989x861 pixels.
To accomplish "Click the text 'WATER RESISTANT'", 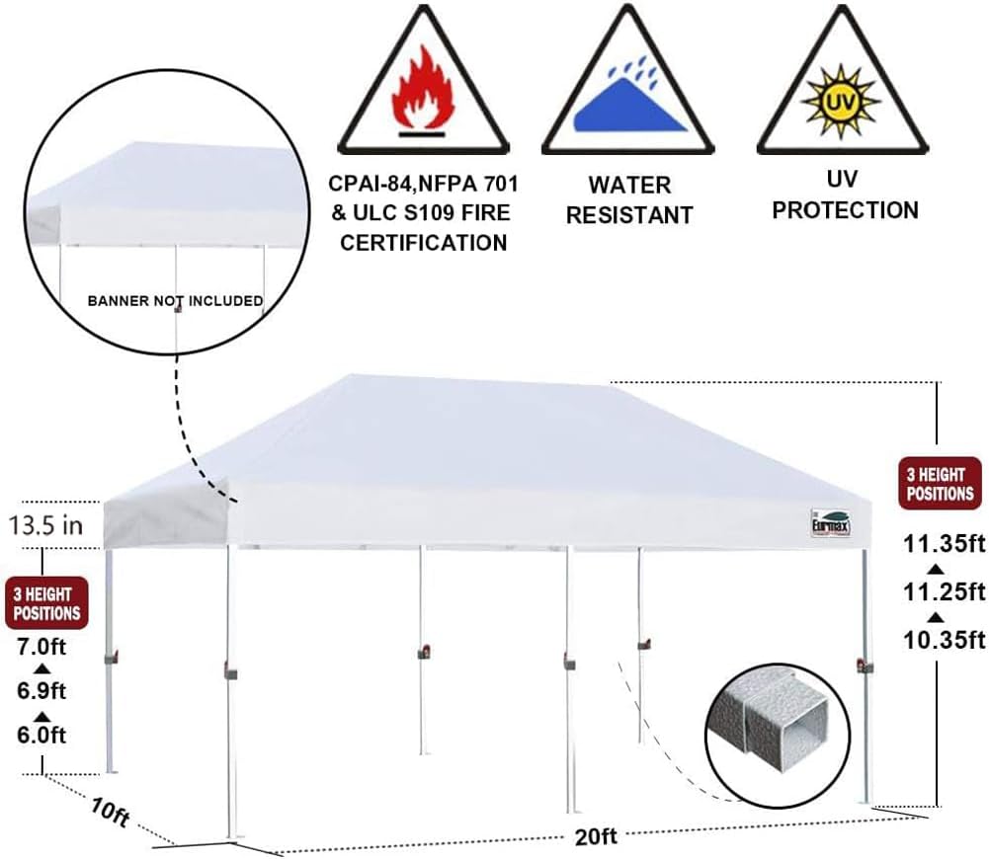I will tap(629, 199).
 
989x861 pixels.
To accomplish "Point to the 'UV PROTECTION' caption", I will tap(845, 195).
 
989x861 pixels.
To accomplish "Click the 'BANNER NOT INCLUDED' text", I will tap(176, 300).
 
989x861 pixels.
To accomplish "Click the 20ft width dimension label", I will tap(596, 836).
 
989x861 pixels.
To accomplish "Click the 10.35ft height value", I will tap(944, 639).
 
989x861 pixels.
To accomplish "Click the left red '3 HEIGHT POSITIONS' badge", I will tap(45, 603).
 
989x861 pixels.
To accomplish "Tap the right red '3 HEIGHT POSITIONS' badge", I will tap(940, 483).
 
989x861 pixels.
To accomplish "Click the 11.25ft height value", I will tap(944, 590).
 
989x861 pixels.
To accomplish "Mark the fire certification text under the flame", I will tap(423, 213).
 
